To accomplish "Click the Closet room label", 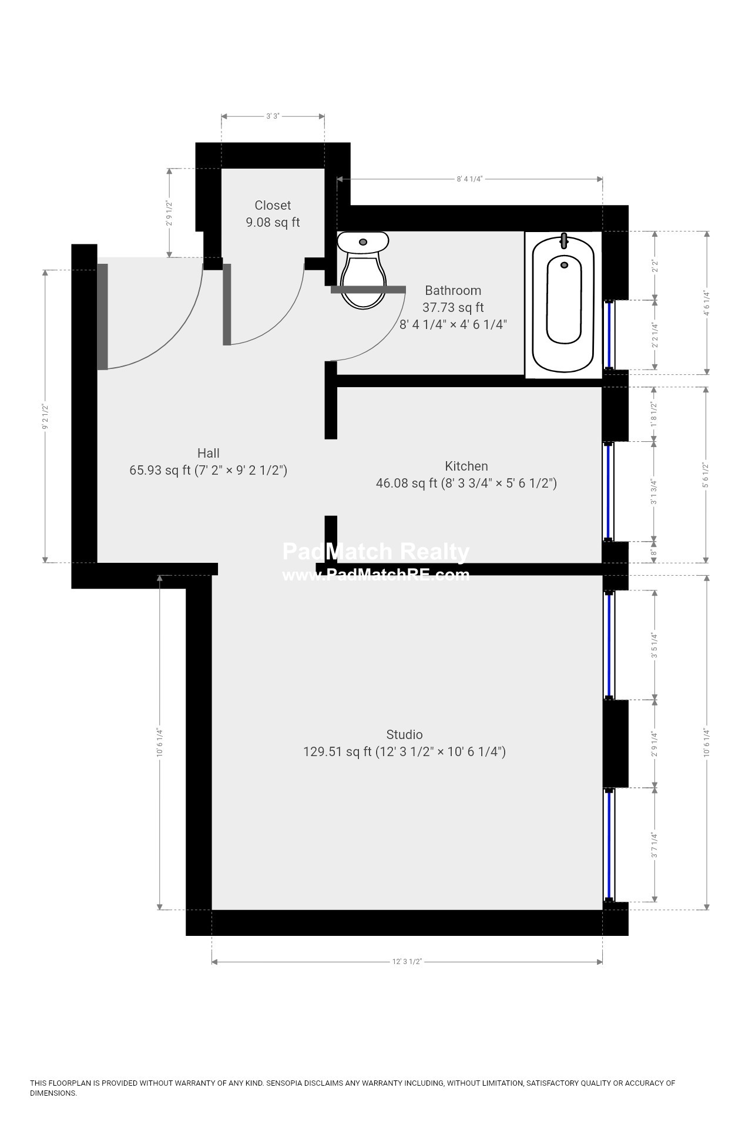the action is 273,205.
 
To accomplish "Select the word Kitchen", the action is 466,466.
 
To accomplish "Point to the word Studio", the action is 404,734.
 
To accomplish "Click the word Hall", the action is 209,453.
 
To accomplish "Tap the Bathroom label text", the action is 453,290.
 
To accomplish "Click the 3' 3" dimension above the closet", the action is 272,116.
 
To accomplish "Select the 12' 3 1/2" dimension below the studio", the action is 407,962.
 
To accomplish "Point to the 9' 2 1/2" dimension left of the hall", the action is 45,416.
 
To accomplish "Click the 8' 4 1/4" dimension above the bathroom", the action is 469,179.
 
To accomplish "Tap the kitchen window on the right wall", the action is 609,491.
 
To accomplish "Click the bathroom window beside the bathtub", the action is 609,335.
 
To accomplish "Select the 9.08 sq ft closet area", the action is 273,222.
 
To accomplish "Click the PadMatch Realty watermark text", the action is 376,552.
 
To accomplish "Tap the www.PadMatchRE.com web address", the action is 376,575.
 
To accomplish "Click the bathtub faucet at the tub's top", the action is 564,241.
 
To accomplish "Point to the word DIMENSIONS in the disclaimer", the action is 53,1093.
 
